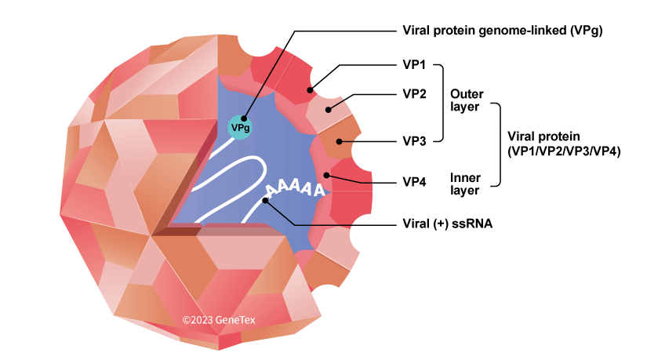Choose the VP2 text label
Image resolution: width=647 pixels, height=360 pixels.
[x=414, y=94]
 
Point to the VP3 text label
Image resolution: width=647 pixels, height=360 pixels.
[x=414, y=141]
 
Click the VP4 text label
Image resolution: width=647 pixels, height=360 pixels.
[x=414, y=182]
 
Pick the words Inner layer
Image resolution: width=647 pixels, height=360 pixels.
[x=464, y=182]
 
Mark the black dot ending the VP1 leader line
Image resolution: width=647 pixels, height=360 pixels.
[x=311, y=90]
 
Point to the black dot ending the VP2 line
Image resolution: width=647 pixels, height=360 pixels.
[x=329, y=108]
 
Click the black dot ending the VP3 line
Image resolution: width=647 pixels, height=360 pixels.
[x=339, y=142]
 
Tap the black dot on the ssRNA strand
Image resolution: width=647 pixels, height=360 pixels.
[x=267, y=201]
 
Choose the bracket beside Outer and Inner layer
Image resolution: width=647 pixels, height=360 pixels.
[x=499, y=145]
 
